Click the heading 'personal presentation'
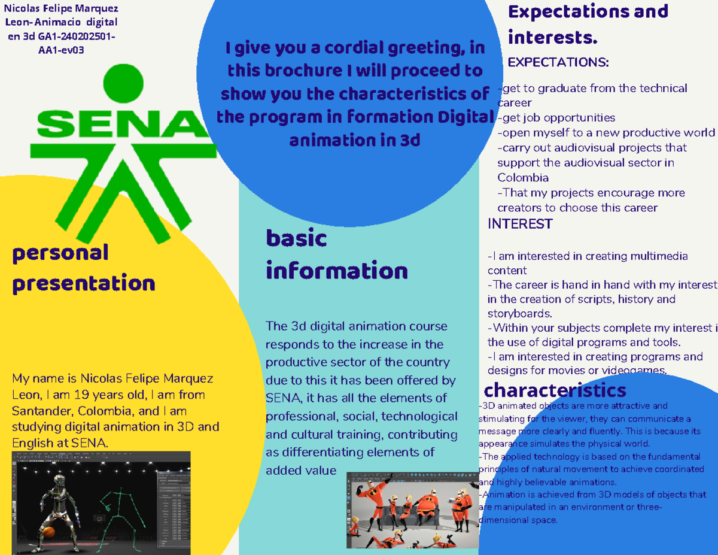pos(83,268)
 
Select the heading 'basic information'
pos(336,255)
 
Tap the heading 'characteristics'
pos(555,391)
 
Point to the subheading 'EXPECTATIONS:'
pos(558,62)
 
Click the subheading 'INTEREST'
pos(520,224)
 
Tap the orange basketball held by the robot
pos(47,531)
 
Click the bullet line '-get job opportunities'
pos(556,117)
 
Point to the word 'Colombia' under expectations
pos(523,178)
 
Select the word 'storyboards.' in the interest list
pos(519,313)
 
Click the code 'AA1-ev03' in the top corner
pos(61,51)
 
